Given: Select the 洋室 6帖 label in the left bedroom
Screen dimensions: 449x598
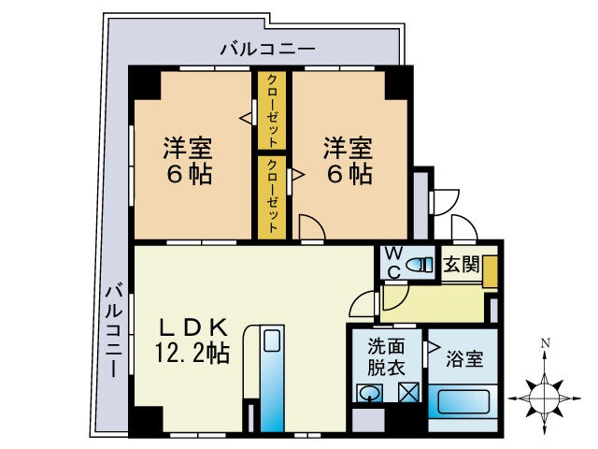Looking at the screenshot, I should pyautogui.click(x=188, y=160).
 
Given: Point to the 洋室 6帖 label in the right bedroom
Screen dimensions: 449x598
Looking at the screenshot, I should pyautogui.click(x=349, y=160).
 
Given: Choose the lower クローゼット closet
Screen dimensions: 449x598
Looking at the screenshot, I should pyautogui.click(x=272, y=196).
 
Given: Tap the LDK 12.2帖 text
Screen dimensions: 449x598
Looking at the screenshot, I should pyautogui.click(x=192, y=340).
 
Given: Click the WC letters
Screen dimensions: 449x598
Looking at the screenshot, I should pyautogui.click(x=393, y=263).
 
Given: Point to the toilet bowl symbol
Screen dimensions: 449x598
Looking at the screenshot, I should pyautogui.click(x=421, y=264).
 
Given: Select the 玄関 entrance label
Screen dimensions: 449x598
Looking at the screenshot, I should pyautogui.click(x=461, y=264).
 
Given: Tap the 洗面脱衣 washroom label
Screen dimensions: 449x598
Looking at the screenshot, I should pyautogui.click(x=385, y=355).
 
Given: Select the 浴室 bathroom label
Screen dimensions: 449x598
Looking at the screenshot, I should pyautogui.click(x=464, y=357).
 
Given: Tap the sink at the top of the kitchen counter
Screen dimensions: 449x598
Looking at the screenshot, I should pyautogui.click(x=272, y=341).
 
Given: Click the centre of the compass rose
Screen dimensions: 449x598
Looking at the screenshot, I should pyautogui.click(x=544, y=394).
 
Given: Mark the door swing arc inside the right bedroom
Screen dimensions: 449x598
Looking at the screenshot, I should pyautogui.click(x=312, y=225).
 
